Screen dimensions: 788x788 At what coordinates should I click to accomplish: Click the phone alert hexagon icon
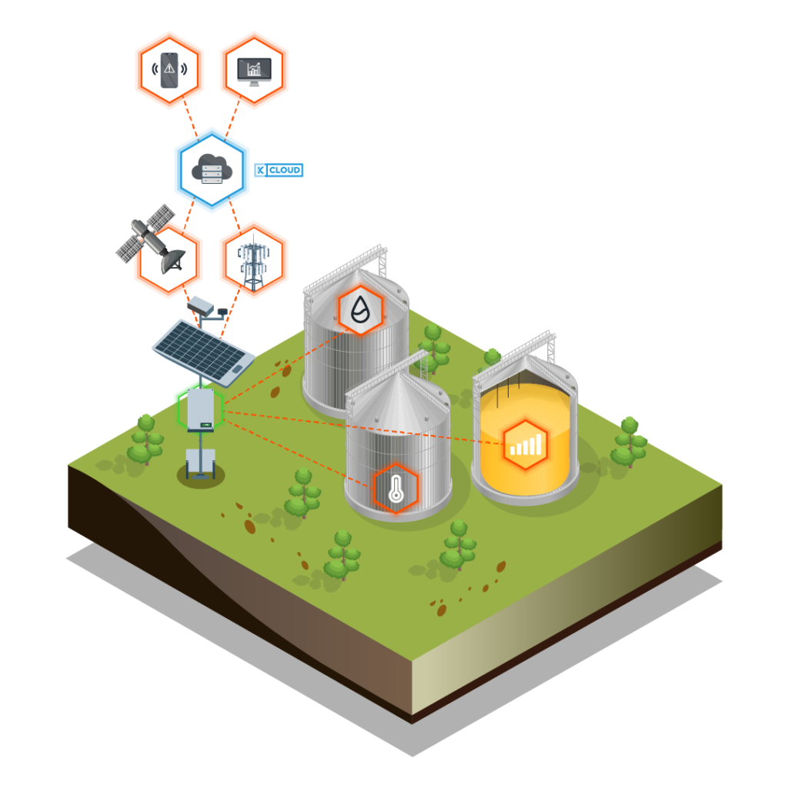(169, 70)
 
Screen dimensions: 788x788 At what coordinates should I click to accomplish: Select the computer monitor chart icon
(254, 70)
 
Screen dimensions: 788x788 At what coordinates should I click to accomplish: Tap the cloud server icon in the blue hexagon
(212, 169)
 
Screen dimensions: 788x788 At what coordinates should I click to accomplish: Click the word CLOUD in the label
(285, 170)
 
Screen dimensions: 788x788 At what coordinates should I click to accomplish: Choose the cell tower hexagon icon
(254, 260)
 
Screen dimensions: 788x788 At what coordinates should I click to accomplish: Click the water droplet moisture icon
(360, 309)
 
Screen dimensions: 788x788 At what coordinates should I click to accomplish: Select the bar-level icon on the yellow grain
(525, 445)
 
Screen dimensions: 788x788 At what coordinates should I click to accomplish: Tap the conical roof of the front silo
(398, 402)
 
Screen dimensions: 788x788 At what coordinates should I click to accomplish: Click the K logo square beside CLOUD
(260, 170)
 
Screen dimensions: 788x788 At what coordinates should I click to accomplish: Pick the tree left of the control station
(145, 439)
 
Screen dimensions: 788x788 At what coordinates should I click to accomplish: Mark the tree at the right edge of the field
(629, 442)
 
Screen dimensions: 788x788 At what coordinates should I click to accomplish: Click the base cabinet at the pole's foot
(201, 463)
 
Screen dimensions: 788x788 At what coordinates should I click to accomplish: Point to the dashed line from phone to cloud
(190, 117)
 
